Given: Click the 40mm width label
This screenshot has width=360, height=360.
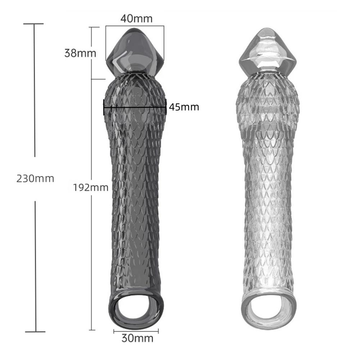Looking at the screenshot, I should click(136, 18).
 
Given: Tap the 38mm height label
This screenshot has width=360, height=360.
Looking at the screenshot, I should click(80, 53).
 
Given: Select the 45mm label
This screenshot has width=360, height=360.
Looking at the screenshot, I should click(184, 107).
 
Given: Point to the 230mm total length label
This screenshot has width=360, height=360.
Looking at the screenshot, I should click(35, 178).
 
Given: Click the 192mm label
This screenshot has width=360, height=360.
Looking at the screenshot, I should click(90, 187).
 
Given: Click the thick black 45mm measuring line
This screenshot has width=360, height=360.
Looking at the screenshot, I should click(135, 107).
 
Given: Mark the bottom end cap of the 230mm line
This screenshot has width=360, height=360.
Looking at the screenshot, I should click(35, 332).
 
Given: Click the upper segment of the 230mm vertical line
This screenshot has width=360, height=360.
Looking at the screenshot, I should click(35, 90).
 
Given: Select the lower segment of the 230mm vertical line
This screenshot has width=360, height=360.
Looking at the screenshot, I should click(35, 266).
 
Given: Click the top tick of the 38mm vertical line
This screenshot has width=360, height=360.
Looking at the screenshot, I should click(94, 27).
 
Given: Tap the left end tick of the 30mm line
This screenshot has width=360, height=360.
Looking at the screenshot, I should click(114, 330).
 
